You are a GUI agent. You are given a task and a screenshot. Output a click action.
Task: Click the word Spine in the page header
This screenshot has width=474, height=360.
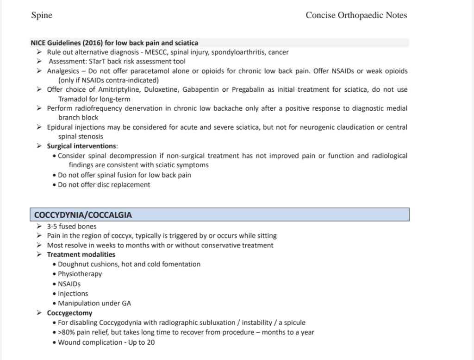[41, 15]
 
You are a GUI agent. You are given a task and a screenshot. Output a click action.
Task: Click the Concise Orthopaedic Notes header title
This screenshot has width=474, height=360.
[356, 15]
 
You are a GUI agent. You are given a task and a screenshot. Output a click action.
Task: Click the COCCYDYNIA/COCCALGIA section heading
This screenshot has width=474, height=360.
[83, 215]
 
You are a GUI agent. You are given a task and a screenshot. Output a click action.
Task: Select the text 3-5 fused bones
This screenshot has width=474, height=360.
[72, 227]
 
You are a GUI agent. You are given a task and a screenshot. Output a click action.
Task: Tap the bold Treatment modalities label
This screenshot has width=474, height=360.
[81, 254]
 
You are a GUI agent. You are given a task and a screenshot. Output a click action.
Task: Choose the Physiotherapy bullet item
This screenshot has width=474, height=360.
[80, 274]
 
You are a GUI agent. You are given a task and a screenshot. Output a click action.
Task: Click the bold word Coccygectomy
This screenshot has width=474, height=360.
[69, 313]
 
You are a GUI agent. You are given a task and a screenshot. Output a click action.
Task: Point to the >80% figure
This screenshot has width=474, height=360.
[66, 332]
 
